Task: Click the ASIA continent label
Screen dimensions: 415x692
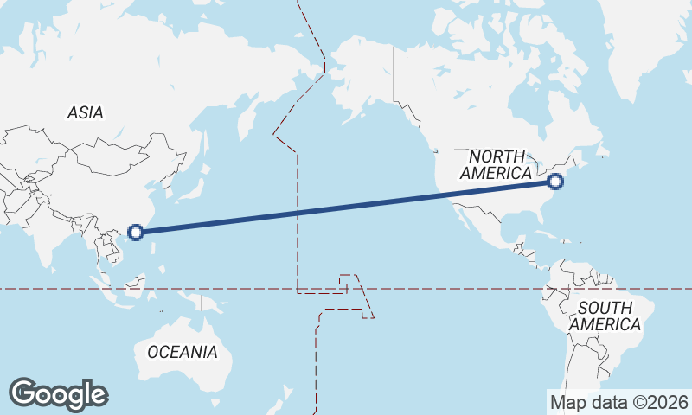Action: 85,112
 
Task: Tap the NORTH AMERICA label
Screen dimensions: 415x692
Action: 497,165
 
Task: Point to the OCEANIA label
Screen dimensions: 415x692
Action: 183,352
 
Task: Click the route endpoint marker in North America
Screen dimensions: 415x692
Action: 555,182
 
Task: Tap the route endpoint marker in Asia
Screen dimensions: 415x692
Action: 135,232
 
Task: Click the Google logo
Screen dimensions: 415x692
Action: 58,394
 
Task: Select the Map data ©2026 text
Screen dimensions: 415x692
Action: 619,402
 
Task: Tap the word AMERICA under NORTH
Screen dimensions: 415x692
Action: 497,174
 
